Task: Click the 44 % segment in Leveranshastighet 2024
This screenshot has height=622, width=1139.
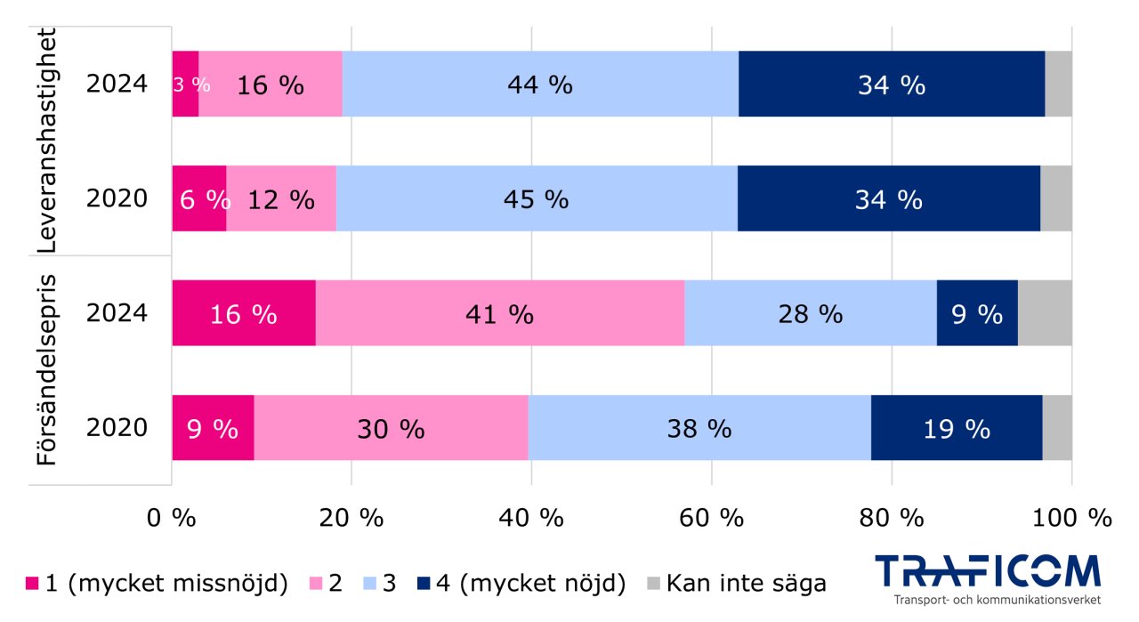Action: [x=540, y=85]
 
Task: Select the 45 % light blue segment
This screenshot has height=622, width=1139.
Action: [x=537, y=198]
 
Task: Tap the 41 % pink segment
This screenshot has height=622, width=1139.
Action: [x=500, y=313]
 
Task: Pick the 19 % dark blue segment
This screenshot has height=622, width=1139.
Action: [x=957, y=428]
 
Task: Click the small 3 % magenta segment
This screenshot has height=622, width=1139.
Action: [x=185, y=85]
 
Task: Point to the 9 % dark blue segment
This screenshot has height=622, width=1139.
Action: [x=977, y=313]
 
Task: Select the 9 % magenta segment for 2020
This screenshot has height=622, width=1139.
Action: [x=213, y=428]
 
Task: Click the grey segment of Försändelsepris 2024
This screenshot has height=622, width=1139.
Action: [x=1045, y=313]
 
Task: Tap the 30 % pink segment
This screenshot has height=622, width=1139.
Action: [x=392, y=428]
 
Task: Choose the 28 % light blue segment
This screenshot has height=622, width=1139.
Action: [x=810, y=313]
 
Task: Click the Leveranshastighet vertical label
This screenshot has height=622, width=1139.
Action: [x=46, y=142]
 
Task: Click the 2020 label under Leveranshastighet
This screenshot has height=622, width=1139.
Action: [x=117, y=198]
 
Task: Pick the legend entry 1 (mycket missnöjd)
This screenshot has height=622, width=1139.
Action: [x=156, y=584]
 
